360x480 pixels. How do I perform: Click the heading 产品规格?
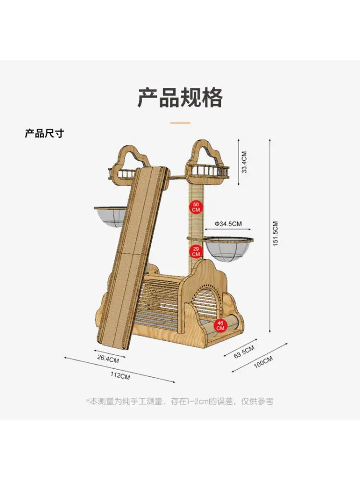click(180, 97)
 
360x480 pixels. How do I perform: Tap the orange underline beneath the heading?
click(180, 123)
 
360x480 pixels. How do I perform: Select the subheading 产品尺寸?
click(44, 133)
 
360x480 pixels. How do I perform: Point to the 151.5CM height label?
click(276, 234)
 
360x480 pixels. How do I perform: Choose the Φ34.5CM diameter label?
click(228, 224)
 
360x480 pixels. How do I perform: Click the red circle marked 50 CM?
click(196, 207)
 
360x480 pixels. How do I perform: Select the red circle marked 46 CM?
click(220, 325)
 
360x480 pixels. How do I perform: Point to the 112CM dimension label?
click(120, 376)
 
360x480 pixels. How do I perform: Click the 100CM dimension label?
click(263, 362)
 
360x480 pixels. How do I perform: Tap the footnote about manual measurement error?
click(180, 401)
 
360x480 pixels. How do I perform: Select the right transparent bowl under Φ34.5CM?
click(228, 249)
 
